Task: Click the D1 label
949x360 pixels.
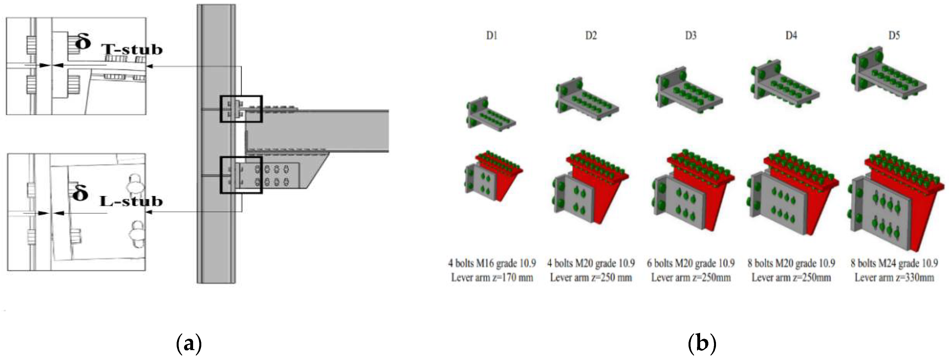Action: click(x=491, y=36)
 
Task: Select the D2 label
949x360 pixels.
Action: click(x=591, y=36)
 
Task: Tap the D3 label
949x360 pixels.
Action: click(x=691, y=36)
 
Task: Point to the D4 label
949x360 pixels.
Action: click(x=791, y=36)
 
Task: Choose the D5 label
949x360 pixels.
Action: click(x=894, y=36)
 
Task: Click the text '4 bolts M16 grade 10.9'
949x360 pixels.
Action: click(x=492, y=263)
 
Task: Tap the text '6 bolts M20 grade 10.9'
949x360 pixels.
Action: click(x=691, y=263)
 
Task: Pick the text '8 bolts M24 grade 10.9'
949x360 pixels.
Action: click(x=894, y=263)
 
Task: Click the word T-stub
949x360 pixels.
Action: click(x=132, y=49)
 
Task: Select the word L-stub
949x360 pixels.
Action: click(x=131, y=201)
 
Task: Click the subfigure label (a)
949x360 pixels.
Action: click(x=189, y=343)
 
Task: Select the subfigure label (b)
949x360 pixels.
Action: click(x=702, y=343)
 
